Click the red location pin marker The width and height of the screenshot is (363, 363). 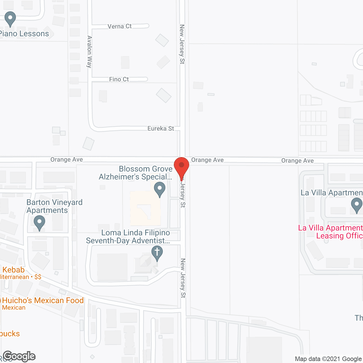(181, 167)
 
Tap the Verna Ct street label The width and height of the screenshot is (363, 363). (120, 26)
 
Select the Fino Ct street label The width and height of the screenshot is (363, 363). (119, 79)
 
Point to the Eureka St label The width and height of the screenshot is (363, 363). (161, 128)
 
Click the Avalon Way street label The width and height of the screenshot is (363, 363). (90, 52)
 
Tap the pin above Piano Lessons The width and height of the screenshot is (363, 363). (10, 18)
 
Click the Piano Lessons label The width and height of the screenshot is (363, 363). (24, 34)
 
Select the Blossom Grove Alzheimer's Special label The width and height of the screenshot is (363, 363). (136, 173)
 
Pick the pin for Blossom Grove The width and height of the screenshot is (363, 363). (160, 189)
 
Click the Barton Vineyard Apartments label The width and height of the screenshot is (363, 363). (54, 206)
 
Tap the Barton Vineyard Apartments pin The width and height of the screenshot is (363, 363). (39, 223)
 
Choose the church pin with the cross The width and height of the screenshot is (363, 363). (157, 253)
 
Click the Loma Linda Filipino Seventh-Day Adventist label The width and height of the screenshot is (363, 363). (128, 237)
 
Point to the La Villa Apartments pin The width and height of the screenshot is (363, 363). (356, 205)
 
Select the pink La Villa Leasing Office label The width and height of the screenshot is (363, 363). (331, 232)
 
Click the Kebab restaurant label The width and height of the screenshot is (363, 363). (13, 270)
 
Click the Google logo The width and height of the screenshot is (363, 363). (19, 356)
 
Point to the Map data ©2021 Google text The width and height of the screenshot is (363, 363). (328, 359)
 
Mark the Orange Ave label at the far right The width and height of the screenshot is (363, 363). (297, 161)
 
